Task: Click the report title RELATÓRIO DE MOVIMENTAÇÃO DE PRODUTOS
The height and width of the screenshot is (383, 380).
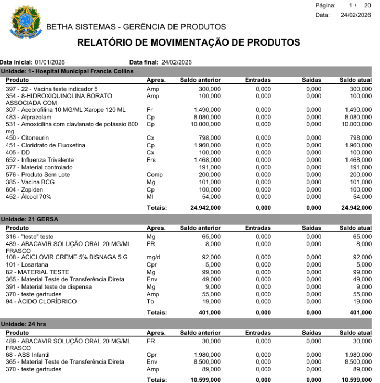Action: (x=189, y=42)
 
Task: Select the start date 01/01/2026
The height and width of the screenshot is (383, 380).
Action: (x=51, y=62)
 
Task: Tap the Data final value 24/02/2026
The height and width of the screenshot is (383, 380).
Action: (x=177, y=62)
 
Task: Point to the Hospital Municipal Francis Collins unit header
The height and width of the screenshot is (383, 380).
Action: (x=67, y=71)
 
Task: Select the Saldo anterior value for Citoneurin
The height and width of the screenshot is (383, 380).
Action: (x=209, y=137)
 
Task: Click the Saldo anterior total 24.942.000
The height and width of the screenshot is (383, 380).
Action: (x=205, y=208)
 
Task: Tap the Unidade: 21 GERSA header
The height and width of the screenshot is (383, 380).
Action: (x=29, y=219)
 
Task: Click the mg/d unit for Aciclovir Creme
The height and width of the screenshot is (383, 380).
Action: (x=153, y=258)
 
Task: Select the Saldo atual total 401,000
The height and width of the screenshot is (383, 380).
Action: (x=356, y=313)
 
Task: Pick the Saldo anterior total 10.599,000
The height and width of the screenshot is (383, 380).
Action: (x=205, y=380)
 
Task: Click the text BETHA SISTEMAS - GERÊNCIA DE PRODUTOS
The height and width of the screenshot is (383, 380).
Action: (x=136, y=27)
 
